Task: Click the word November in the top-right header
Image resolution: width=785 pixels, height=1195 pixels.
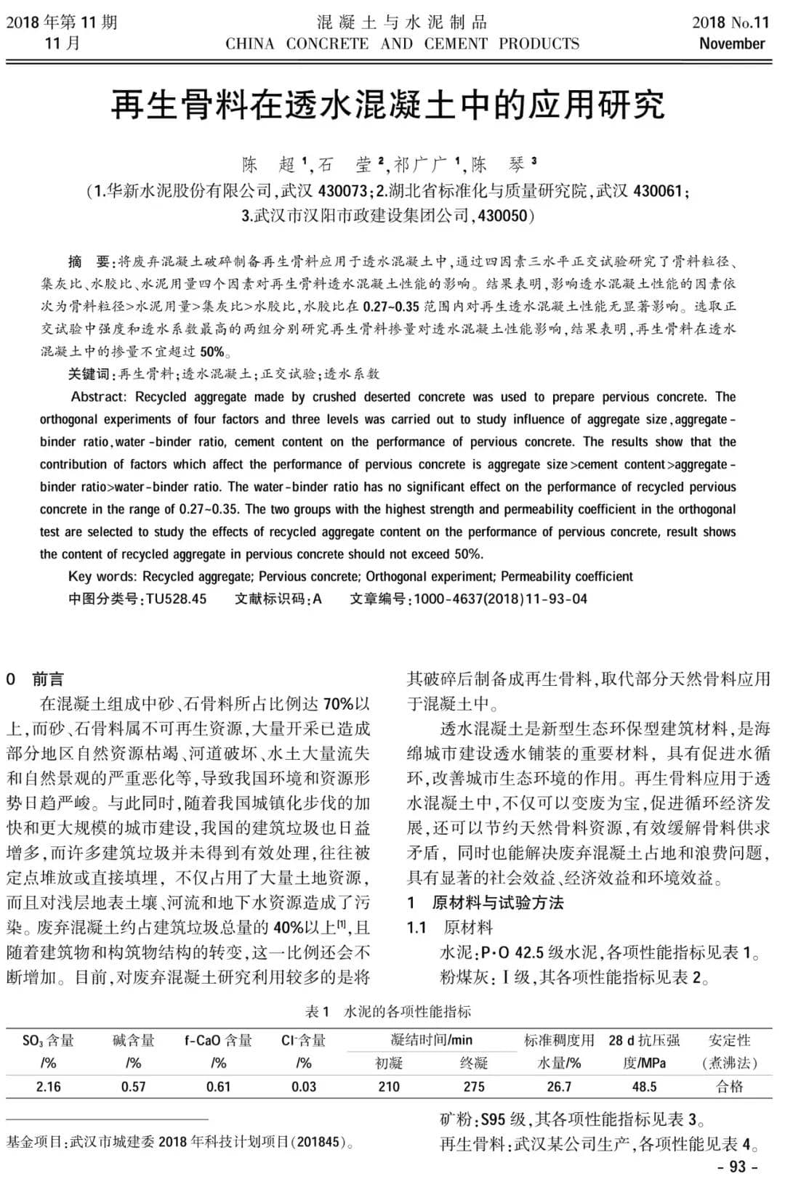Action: (732, 44)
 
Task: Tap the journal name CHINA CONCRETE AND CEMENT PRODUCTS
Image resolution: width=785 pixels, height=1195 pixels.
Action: (402, 44)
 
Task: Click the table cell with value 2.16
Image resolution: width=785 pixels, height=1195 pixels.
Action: (49, 1087)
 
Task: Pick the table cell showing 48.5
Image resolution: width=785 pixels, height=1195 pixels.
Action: (644, 1087)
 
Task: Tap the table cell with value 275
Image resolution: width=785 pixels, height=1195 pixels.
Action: (474, 1087)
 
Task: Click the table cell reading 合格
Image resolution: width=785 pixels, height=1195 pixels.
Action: (729, 1087)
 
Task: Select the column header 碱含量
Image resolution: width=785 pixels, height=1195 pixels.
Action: (134, 1041)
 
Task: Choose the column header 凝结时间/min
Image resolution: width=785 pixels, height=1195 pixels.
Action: (431, 1040)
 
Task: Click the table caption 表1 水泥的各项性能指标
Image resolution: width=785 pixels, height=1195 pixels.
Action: (387, 1011)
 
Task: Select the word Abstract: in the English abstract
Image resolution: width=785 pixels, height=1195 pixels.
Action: (99, 397)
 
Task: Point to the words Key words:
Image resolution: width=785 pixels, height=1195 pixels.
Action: (102, 577)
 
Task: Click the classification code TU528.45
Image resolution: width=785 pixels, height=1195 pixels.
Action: (177, 599)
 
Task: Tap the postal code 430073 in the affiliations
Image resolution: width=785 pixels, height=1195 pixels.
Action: (343, 192)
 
